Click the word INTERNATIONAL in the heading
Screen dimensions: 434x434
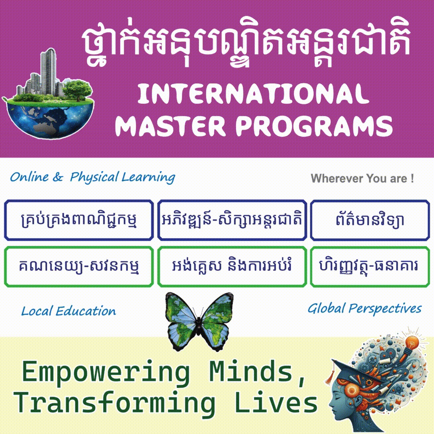[253, 94]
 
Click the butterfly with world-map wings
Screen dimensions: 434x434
[199, 321]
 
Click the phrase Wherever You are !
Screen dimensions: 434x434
[362, 178]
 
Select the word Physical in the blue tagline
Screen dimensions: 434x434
[94, 178]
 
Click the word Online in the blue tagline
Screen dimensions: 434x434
[29, 177]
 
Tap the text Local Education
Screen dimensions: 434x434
[69, 311]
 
